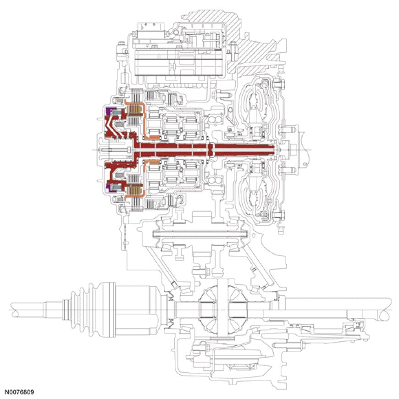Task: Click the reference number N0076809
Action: click(19, 393)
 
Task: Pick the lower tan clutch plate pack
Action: click(133, 188)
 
